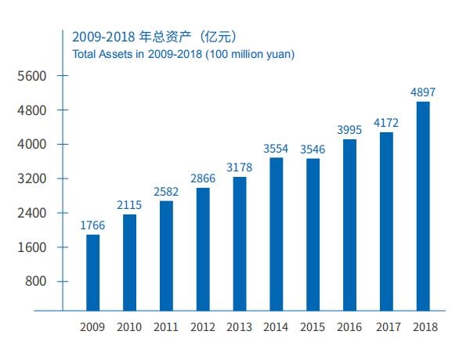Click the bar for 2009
tap(92, 272)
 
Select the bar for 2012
tap(203, 249)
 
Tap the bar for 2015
tap(313, 235)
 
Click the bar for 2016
tap(349, 225)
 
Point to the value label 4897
tap(423, 92)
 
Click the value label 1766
tap(92, 225)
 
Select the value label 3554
tap(277, 148)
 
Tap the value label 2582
tap(166, 192)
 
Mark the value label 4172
tap(386, 123)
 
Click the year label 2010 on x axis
tap(129, 327)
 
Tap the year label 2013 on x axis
tap(240, 327)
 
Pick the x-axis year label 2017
tap(386, 327)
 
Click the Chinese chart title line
tap(154, 37)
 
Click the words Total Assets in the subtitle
tap(101, 54)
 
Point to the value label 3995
tap(349, 130)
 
